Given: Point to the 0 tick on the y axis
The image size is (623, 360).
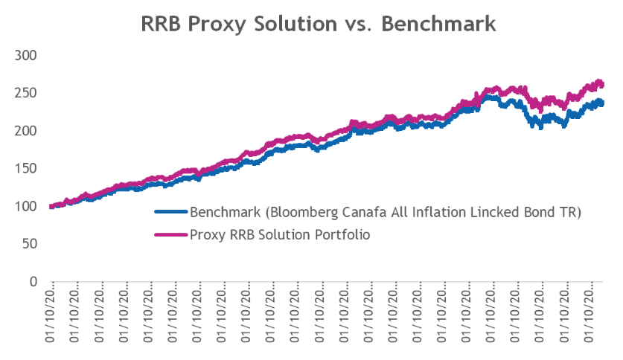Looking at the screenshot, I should click(33, 282).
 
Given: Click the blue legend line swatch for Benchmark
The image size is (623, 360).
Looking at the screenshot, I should click(171, 211).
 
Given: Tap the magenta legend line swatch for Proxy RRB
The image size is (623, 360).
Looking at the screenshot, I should click(171, 234).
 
